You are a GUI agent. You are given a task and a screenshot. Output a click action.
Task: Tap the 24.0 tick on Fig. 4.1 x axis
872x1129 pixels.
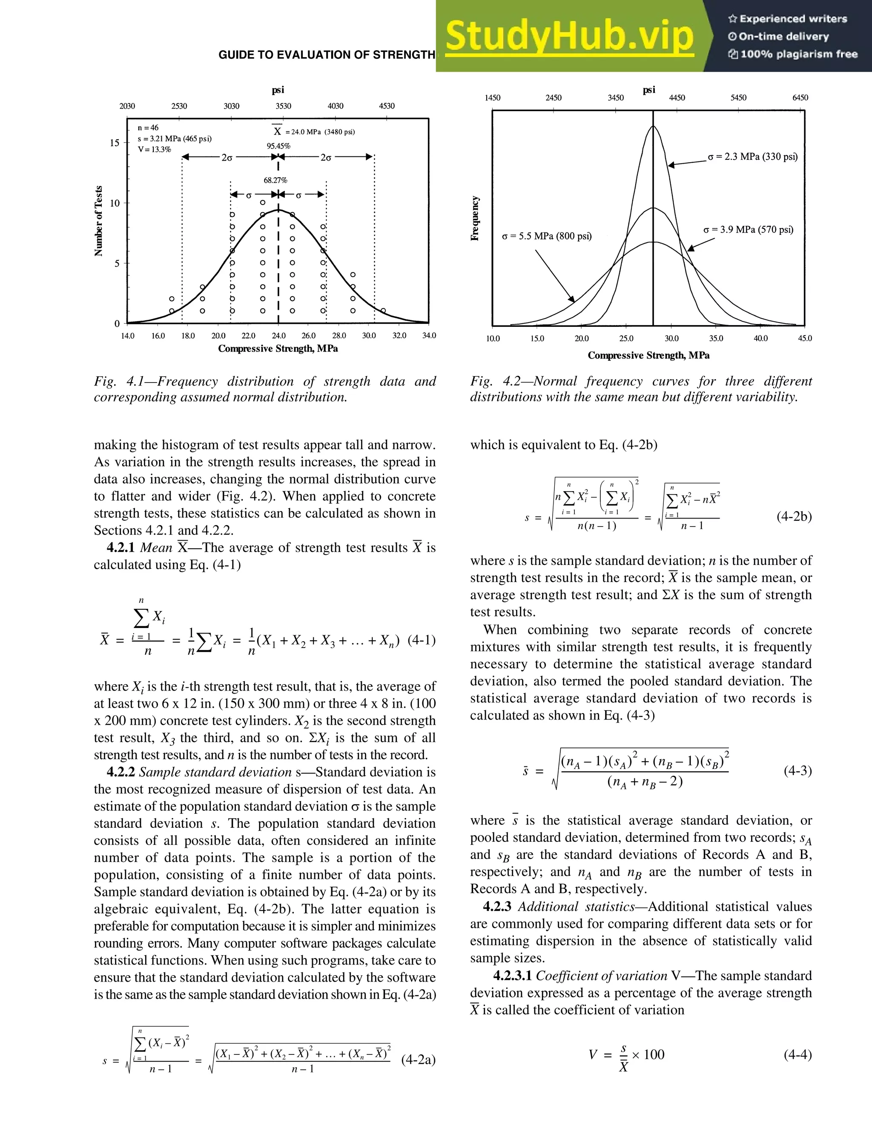(278, 335)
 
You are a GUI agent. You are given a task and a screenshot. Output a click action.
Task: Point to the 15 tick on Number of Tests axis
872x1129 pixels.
(115, 143)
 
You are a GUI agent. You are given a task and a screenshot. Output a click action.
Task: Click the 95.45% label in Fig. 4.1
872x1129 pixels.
(278, 146)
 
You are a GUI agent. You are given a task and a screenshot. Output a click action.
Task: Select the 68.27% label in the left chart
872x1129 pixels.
(275, 180)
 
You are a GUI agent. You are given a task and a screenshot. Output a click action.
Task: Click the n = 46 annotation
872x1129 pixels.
(148, 128)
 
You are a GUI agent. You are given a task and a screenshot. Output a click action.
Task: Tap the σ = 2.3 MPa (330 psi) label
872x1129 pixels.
(752, 157)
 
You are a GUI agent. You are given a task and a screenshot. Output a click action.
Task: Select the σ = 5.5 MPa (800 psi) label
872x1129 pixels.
(547, 236)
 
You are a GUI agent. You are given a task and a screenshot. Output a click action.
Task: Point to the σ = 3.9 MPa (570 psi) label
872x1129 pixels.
(748, 230)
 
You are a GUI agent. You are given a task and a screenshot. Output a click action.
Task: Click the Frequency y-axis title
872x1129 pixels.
(475, 218)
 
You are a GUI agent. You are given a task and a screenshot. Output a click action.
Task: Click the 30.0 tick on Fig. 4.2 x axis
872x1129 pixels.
(671, 339)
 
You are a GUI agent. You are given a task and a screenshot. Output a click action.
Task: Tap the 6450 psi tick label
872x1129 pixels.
(800, 98)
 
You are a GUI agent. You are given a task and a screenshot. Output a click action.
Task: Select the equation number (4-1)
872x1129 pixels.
(422, 640)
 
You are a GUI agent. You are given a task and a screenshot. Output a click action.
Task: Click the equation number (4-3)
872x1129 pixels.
(797, 771)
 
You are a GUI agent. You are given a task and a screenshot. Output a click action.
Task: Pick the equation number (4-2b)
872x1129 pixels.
(794, 517)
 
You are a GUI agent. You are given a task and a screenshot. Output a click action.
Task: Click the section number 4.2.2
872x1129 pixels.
(120, 772)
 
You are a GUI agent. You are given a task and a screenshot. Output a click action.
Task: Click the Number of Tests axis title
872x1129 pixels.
(99, 221)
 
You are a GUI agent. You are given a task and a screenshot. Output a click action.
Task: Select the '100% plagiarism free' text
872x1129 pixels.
(798, 54)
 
